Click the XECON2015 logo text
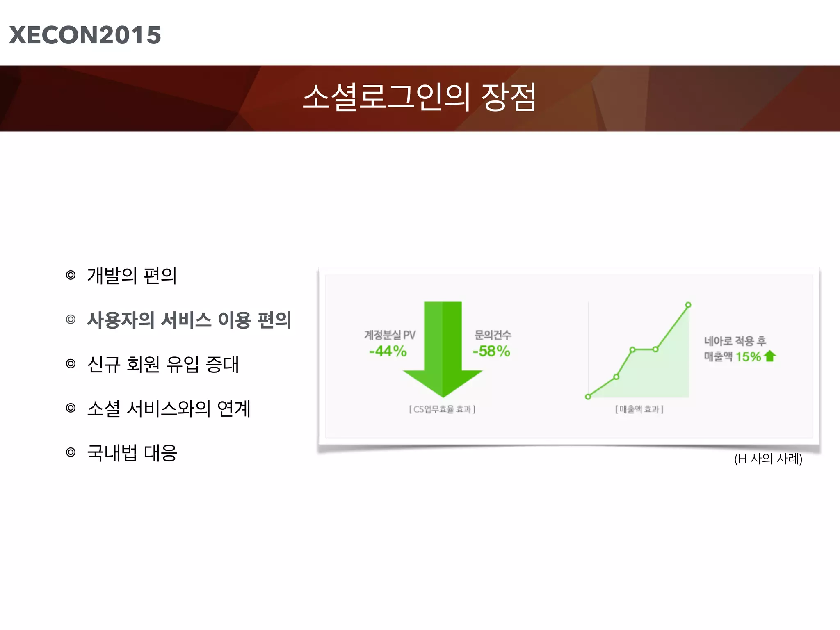coord(85,35)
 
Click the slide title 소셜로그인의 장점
coord(419,97)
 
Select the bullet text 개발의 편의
coord(132,276)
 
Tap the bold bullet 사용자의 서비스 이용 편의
coord(189,320)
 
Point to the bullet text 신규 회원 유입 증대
coord(163,364)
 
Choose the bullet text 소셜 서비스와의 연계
coord(169,409)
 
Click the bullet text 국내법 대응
coord(132,453)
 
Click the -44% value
coord(388,351)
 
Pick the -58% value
coord(491,351)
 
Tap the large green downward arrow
coord(443,349)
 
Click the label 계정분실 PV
coord(390,335)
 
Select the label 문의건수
coord(493,335)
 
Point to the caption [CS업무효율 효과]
coord(442,409)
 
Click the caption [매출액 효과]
coord(639,409)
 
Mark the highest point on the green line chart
coord(688,305)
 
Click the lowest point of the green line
coord(588,397)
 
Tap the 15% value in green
coord(748,356)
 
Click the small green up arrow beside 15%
coord(770,356)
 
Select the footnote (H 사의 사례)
coord(768,459)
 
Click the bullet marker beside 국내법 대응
coord(71,452)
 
